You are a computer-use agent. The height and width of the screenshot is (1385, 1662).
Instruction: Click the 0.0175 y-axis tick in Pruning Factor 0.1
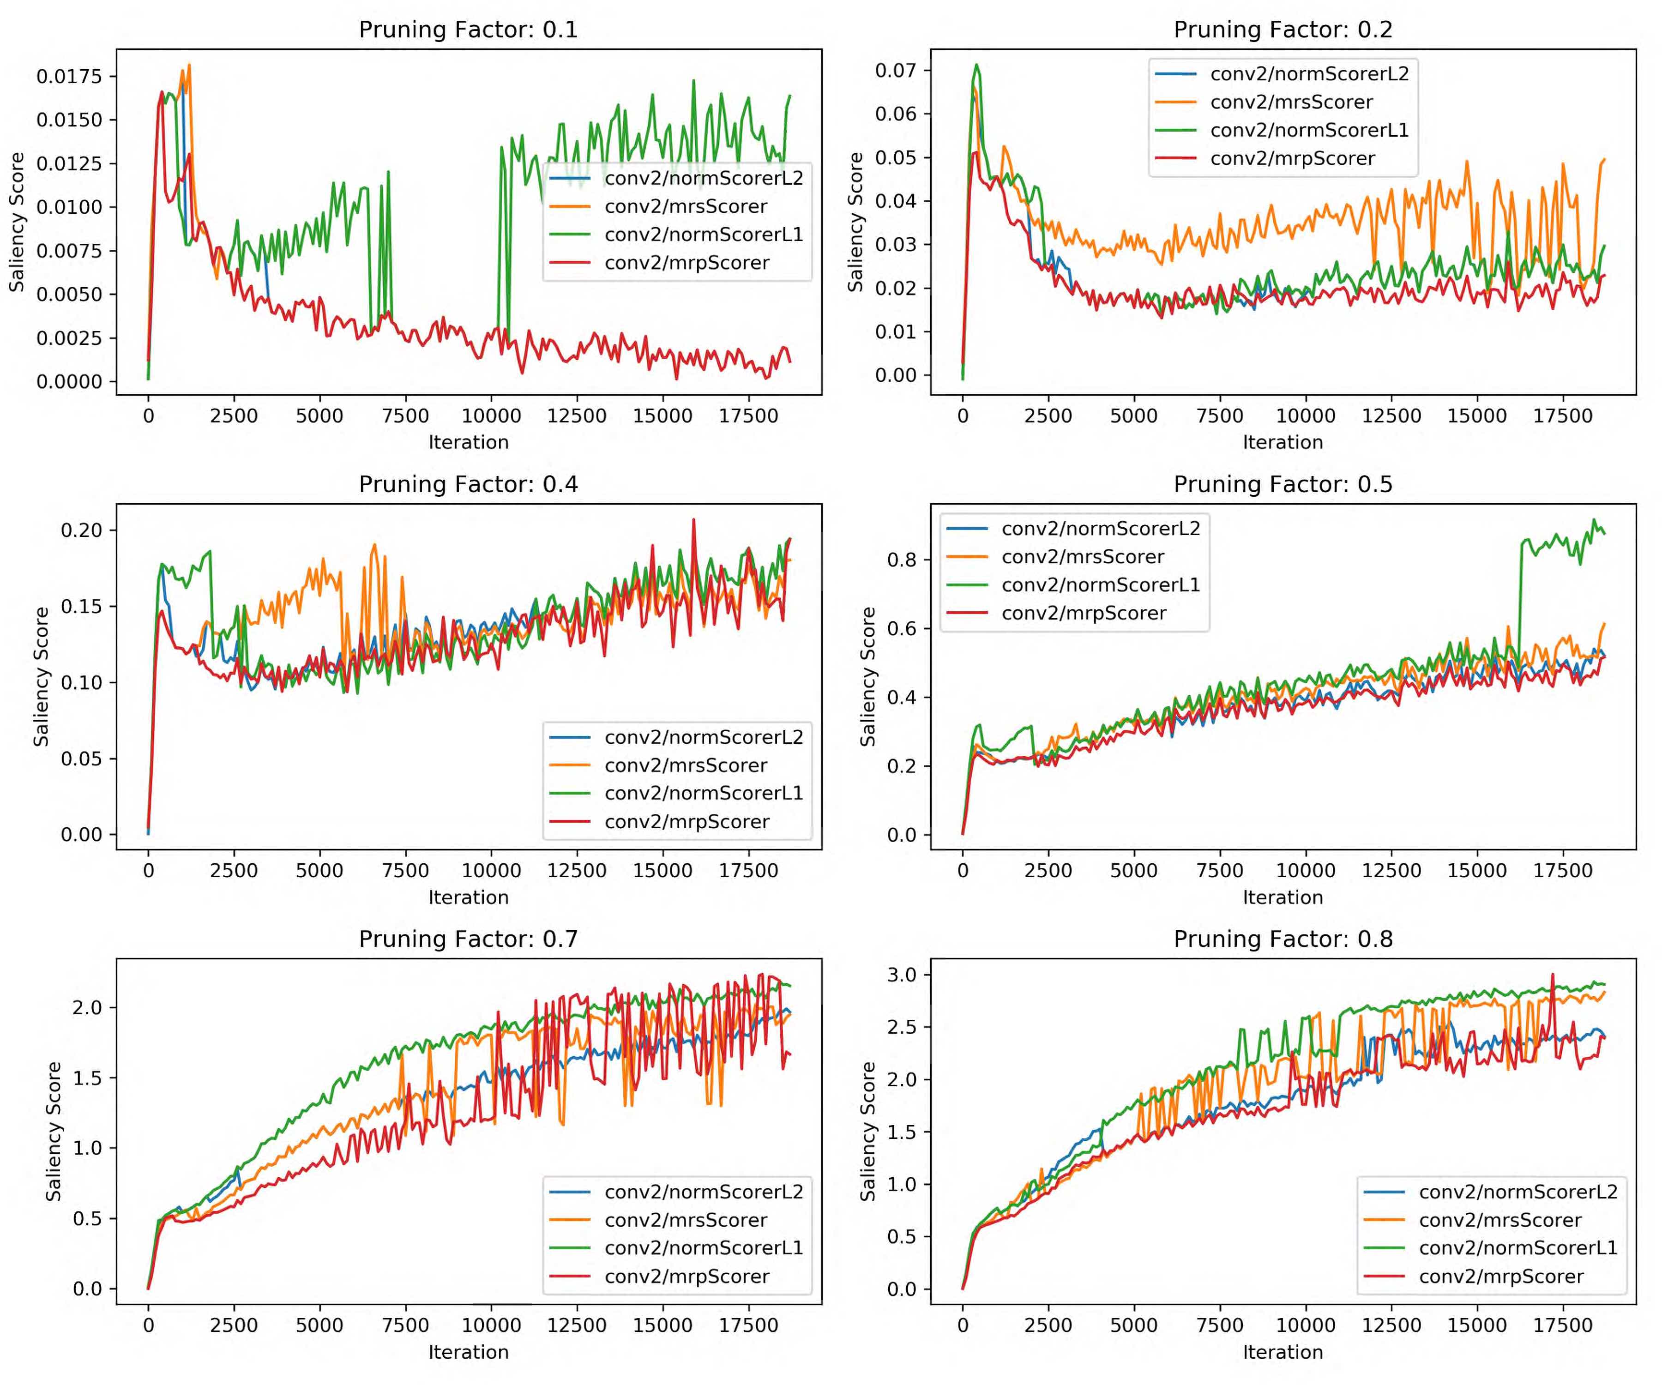click(x=70, y=76)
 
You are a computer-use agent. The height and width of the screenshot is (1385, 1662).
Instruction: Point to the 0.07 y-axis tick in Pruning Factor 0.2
click(x=895, y=71)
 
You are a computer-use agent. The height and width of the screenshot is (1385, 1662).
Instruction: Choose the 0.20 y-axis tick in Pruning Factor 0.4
click(x=82, y=530)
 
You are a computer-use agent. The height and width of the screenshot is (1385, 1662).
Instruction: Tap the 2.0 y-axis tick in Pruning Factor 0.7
click(x=87, y=1007)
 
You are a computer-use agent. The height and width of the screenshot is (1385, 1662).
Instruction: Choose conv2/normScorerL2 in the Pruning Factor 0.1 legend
click(x=704, y=178)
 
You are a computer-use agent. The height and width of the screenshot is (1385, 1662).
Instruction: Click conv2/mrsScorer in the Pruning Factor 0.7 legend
click(x=686, y=1220)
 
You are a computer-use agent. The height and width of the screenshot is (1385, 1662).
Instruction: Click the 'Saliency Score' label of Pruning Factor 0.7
click(x=54, y=1132)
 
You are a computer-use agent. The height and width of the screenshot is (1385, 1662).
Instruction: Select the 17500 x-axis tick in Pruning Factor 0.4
click(x=748, y=871)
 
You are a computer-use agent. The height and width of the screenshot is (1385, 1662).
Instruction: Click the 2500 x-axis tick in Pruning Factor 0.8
click(x=1048, y=1325)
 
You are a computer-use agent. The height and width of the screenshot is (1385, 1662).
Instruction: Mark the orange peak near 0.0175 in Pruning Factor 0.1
click(x=189, y=65)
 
